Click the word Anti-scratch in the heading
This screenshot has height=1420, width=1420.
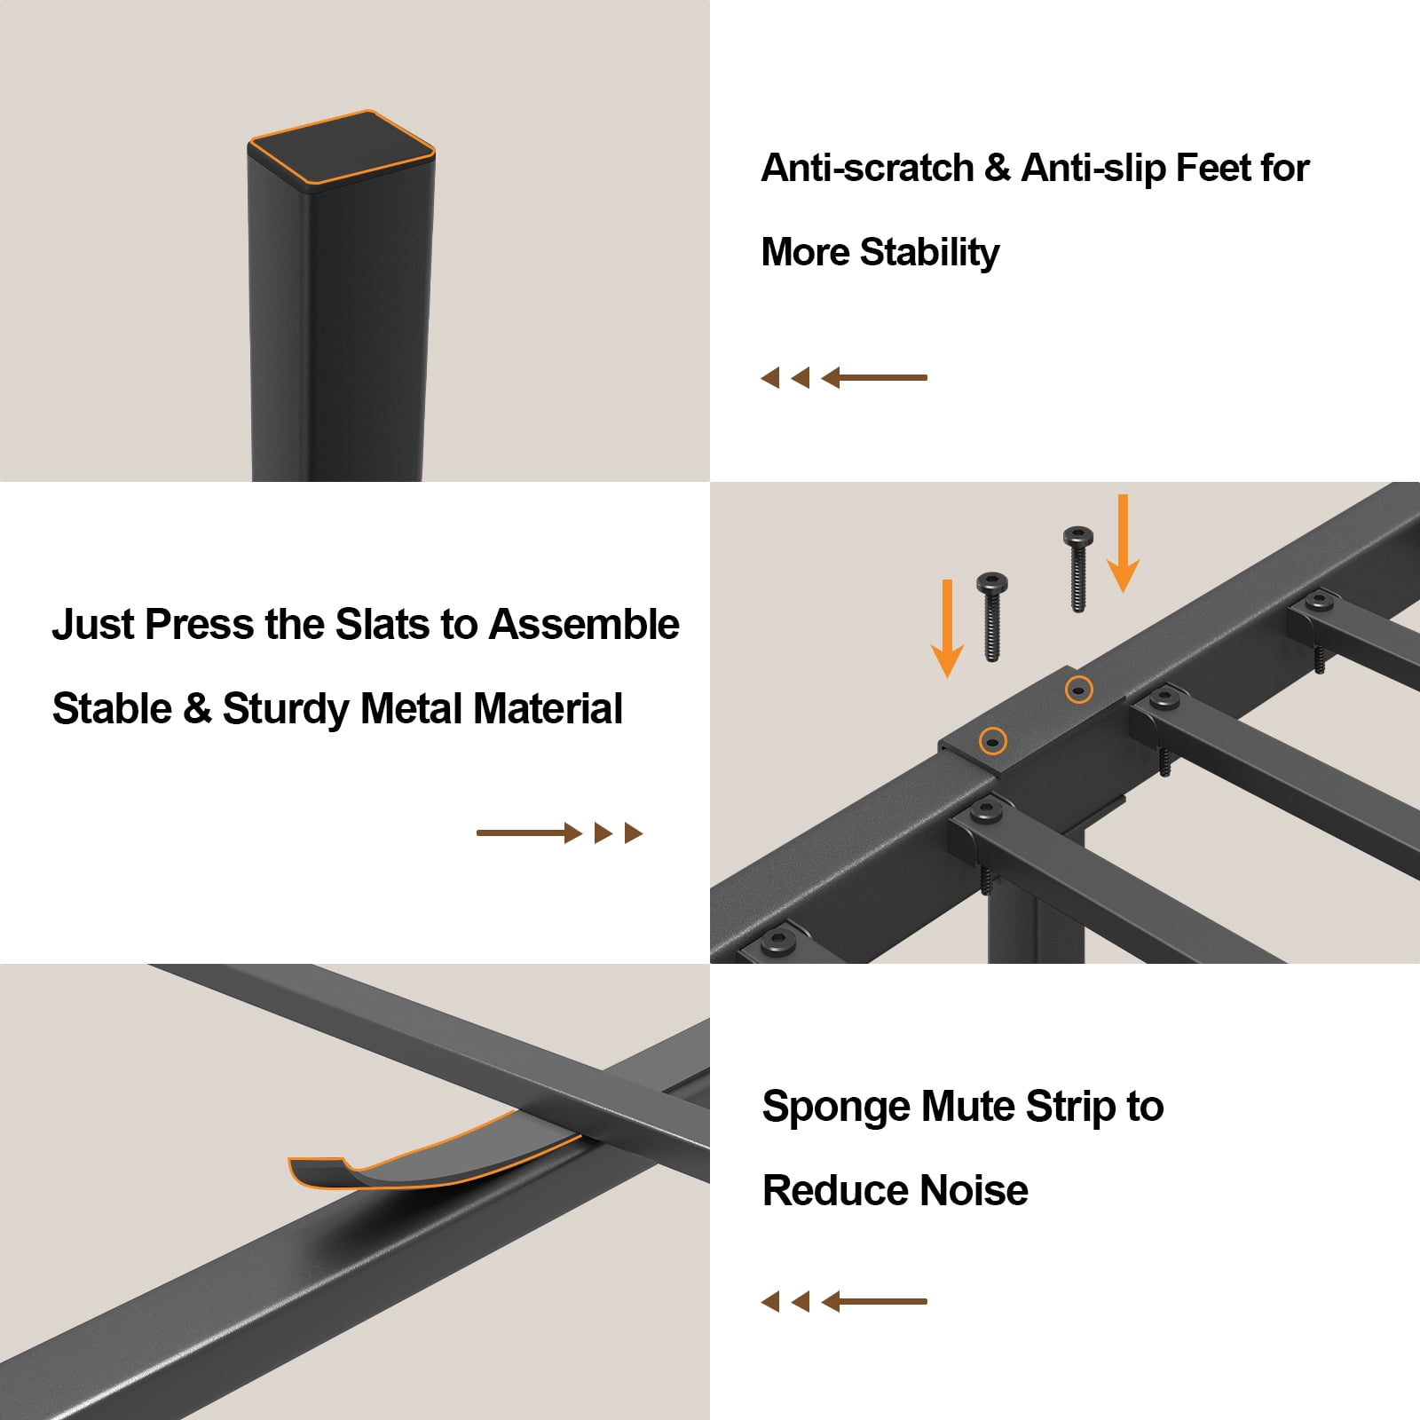868,168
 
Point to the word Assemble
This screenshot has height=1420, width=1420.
584,624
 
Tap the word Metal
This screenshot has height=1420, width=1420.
412,708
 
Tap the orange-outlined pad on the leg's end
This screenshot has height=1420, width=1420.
342,147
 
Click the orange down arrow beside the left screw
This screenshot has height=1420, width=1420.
947,628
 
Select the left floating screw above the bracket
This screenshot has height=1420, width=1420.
992,617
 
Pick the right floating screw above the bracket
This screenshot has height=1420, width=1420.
1078,569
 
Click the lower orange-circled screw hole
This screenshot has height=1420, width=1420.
992,740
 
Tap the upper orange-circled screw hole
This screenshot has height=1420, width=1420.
1079,689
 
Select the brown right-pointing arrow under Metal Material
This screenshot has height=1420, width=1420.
559,832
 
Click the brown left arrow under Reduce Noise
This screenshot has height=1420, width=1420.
844,1302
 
